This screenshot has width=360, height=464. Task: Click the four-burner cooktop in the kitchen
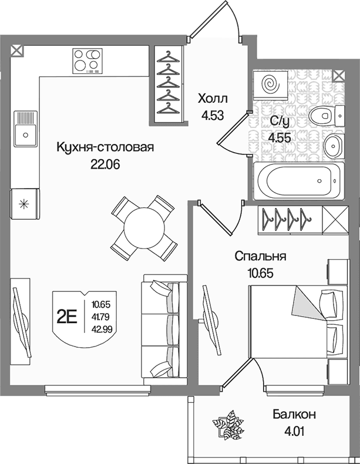[88, 61]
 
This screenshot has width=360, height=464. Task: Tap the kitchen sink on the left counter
[26, 129]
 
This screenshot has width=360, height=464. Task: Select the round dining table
[144, 228]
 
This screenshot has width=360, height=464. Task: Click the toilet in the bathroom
[327, 115]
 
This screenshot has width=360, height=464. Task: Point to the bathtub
[299, 180]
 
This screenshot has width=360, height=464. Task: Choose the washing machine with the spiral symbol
[271, 83]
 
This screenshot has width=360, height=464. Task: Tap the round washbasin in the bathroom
[334, 145]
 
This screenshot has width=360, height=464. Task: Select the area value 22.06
[105, 165]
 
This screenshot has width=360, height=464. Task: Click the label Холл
[213, 99]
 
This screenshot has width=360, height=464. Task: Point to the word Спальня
[260, 256]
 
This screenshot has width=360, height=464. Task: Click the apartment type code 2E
[67, 317]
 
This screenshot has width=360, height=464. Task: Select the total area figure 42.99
[102, 329]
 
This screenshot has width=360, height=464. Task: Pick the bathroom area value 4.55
[279, 137]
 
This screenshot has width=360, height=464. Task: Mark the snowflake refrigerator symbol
[23, 204]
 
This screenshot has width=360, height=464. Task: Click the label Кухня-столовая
[105, 147]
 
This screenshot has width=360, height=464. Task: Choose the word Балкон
[294, 414]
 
